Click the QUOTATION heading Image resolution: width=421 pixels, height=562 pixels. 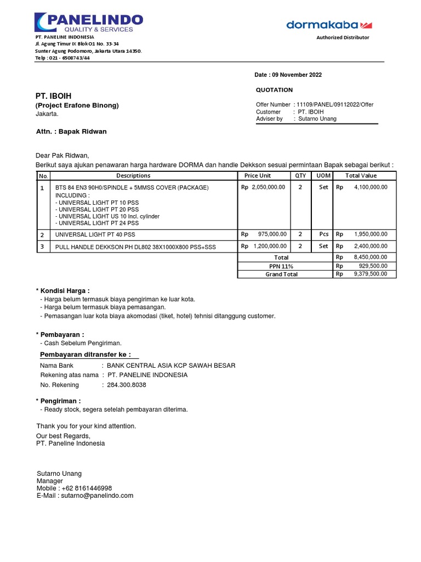pos(274,90)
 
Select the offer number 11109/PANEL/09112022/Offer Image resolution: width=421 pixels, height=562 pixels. pos(335,104)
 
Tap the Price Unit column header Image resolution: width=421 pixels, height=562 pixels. pos(258,176)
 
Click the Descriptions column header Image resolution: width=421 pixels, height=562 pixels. pos(133,176)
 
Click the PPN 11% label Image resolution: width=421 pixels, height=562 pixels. pos(281,266)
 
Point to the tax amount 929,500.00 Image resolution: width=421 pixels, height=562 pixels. pos(373,266)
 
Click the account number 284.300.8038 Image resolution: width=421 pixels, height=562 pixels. pos(126,385)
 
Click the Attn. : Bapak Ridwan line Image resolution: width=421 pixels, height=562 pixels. pos(71,132)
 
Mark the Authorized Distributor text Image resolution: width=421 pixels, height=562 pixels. pos(343,37)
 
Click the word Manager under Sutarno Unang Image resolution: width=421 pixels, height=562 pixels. pos(50,481)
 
